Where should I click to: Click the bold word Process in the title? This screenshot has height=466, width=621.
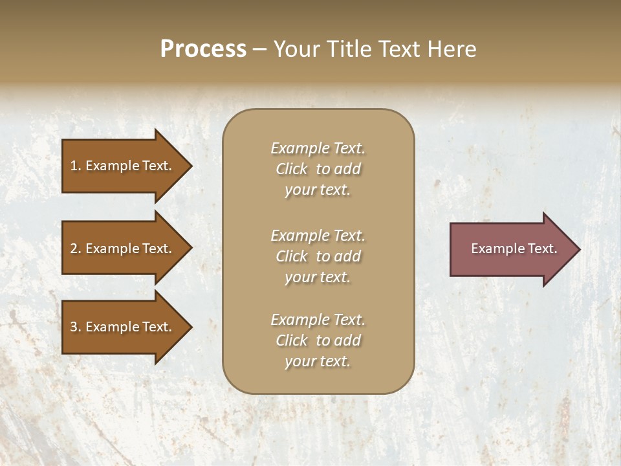click(x=203, y=49)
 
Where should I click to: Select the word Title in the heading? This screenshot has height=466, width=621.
click(x=349, y=49)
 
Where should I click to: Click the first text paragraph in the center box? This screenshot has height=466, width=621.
click(x=318, y=169)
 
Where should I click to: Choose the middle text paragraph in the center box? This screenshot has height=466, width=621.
click(x=318, y=256)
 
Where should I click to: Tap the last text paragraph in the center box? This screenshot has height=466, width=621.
click(x=318, y=340)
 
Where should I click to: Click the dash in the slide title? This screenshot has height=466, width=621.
click(x=259, y=50)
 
